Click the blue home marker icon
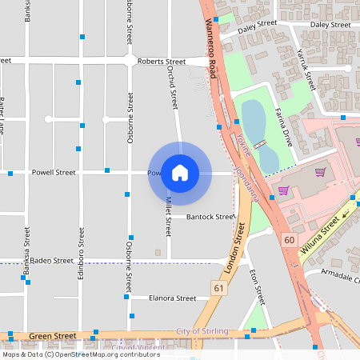[180, 173]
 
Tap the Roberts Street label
[161, 62]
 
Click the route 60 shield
[289, 238]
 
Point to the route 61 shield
[218, 287]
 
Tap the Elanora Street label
[172, 298]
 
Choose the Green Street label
[53, 336]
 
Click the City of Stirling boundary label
[202, 331]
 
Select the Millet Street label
[168, 215]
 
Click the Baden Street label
[52, 260]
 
